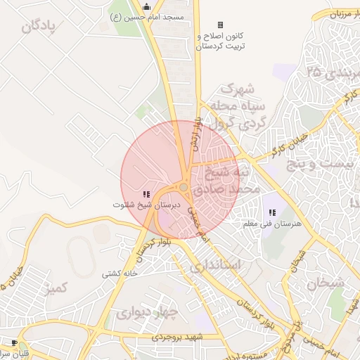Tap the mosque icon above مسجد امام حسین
[x=146, y=6]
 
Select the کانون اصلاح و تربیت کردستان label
[x=219, y=41]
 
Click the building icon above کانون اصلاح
[x=219, y=25]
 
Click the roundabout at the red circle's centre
[x=184, y=187]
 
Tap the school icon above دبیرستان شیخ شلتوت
[x=146, y=193]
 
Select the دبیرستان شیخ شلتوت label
[x=146, y=205]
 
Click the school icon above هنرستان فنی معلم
[x=272, y=212]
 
